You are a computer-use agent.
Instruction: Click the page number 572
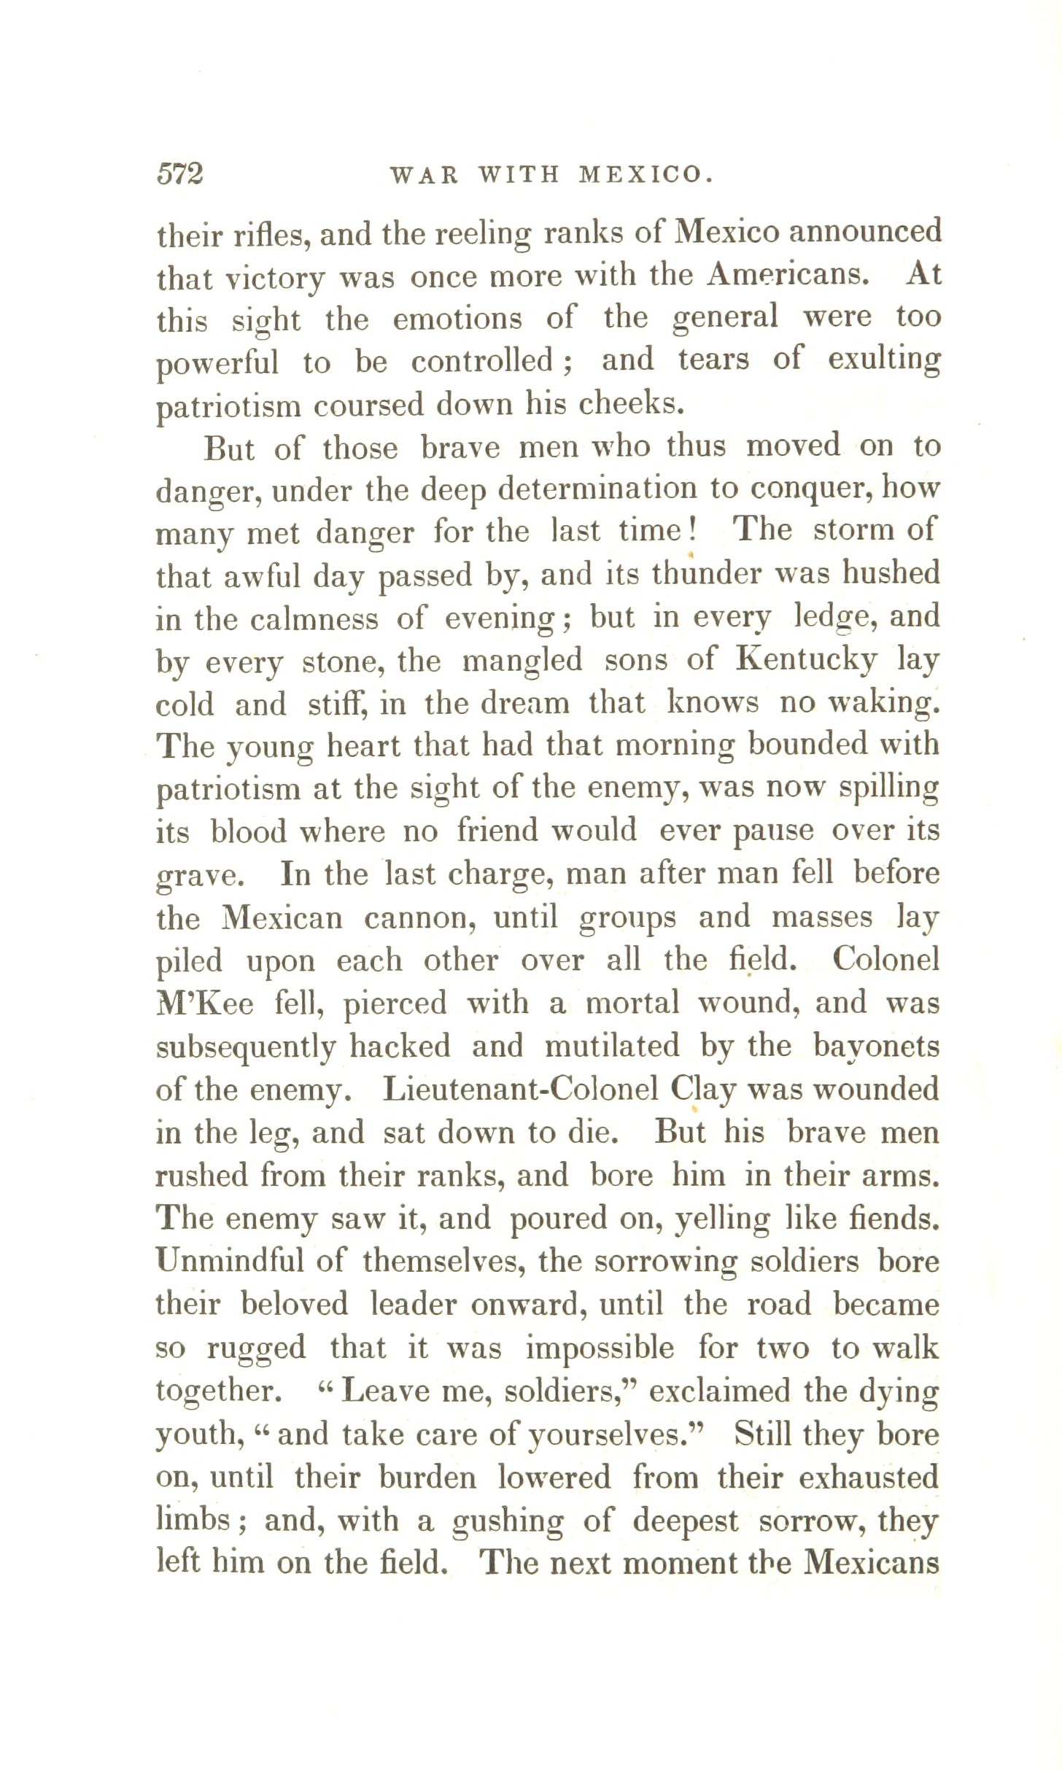(180, 174)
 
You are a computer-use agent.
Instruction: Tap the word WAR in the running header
(424, 175)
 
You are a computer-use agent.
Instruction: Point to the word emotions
(457, 319)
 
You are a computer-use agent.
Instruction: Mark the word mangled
(522, 660)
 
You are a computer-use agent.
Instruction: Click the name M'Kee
(205, 1004)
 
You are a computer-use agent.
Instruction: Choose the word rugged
(256, 1348)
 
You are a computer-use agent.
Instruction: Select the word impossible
(600, 1348)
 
